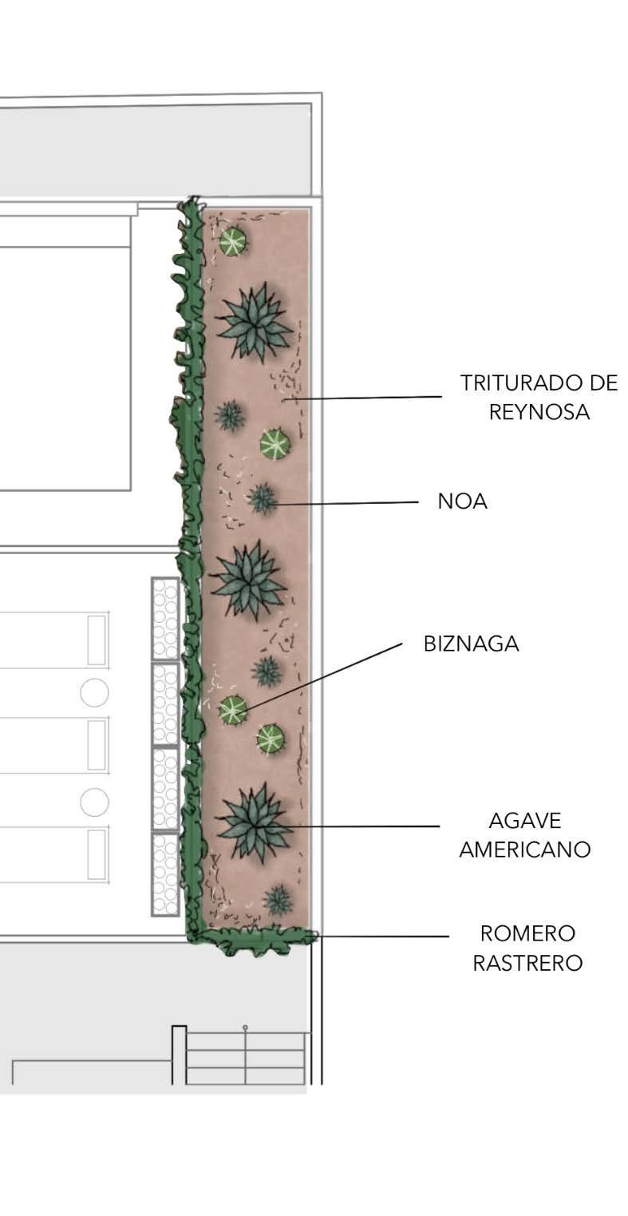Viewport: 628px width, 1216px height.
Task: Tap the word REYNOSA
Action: click(539, 412)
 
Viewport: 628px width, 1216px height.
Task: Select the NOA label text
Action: click(462, 501)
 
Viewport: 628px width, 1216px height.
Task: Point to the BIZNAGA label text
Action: click(471, 644)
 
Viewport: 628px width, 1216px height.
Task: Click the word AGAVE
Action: click(524, 821)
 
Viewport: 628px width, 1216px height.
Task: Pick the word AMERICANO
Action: click(524, 850)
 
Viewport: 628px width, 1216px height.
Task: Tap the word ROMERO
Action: click(527, 933)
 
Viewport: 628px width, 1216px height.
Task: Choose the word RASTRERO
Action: click(527, 963)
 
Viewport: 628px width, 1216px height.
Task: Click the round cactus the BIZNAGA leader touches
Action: click(233, 709)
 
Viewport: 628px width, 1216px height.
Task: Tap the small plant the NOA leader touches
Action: click(262, 499)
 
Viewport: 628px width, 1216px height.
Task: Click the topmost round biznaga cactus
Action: click(233, 241)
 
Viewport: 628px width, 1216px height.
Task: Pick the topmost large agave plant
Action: click(254, 321)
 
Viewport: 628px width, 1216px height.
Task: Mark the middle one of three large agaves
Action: click(248, 579)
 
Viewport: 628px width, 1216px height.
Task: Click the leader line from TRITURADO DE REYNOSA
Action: click(367, 397)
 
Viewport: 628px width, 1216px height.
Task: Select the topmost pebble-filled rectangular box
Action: click(165, 619)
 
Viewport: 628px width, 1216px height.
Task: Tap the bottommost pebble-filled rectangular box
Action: click(165, 873)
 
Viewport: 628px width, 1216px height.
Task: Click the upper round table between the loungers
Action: click(94, 691)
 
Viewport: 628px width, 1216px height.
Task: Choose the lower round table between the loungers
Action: click(94, 802)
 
